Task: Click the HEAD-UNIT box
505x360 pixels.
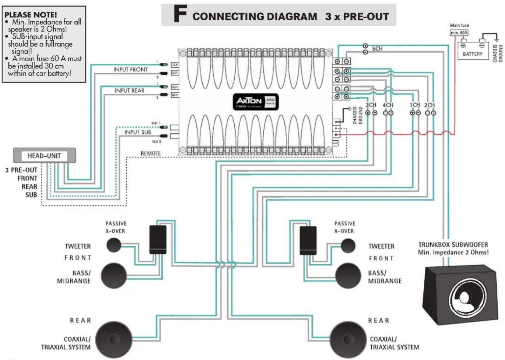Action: [45, 155]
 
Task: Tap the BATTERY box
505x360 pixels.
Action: [472, 51]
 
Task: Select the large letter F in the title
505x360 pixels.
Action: [180, 14]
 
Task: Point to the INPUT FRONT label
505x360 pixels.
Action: [130, 69]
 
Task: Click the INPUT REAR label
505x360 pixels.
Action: [129, 91]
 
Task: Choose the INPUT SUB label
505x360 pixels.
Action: [138, 132]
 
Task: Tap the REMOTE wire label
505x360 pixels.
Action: [150, 153]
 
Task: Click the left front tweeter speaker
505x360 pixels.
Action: [114, 245]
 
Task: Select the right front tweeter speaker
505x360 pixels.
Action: [348, 246]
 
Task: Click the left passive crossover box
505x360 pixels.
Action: [158, 239]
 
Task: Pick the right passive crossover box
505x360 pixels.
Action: [308, 240]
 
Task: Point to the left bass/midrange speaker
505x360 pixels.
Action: [114, 275]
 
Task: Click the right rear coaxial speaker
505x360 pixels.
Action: [348, 339]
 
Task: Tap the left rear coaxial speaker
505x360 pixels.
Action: [114, 339]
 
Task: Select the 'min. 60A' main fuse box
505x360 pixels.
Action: [459, 33]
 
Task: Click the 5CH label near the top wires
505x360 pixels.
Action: [377, 49]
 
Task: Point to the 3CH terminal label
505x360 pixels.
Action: [371, 105]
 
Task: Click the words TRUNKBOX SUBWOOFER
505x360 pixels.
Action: [453, 245]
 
